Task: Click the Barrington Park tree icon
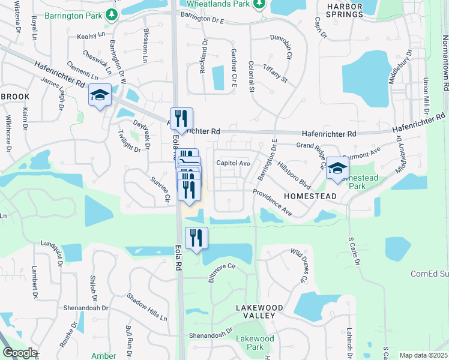tap(112, 14)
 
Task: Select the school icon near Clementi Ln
tap(100, 95)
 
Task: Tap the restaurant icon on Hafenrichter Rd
tap(181, 118)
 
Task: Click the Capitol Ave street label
tap(233, 163)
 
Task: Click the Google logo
tap(20, 353)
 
